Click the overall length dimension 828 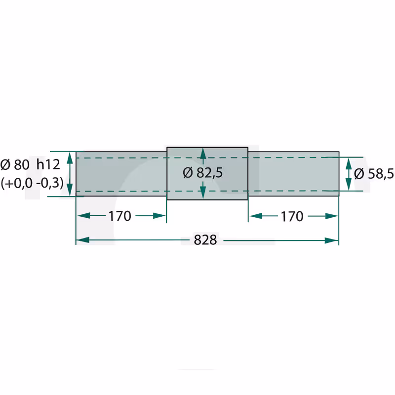(205, 240)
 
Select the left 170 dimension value (119, 216)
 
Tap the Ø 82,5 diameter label (203, 173)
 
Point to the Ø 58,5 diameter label (374, 174)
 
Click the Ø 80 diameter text (15, 165)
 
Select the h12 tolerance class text (48, 164)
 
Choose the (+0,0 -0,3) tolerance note (32, 183)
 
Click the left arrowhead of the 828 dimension (83, 240)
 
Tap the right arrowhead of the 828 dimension (331, 240)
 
